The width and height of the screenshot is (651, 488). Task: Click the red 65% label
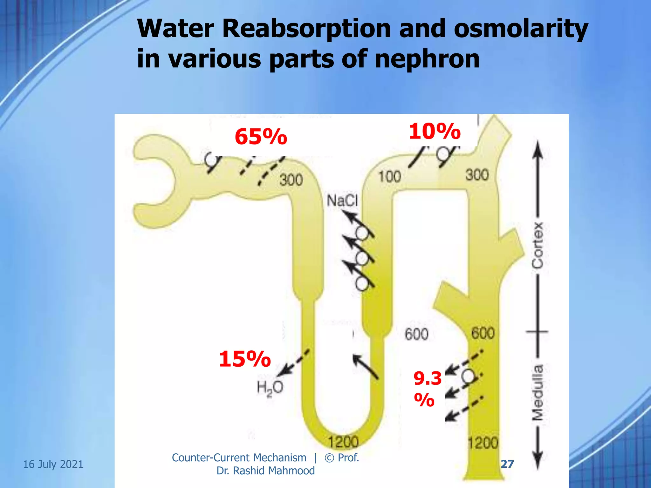261,137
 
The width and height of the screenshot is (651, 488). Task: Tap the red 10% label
435,132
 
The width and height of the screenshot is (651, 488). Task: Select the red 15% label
245,359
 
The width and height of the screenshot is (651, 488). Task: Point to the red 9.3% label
427,389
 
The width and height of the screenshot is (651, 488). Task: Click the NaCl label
342,201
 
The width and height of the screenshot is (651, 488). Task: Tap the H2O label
270,388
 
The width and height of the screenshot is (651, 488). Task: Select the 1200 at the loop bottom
343,442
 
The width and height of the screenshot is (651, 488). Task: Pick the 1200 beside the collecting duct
483,443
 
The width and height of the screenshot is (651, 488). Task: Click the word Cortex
538,245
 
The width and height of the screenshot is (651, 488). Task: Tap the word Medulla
538,392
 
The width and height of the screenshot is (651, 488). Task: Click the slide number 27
507,464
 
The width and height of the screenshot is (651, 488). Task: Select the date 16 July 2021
53,464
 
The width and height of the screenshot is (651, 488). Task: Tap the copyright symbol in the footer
329,458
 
